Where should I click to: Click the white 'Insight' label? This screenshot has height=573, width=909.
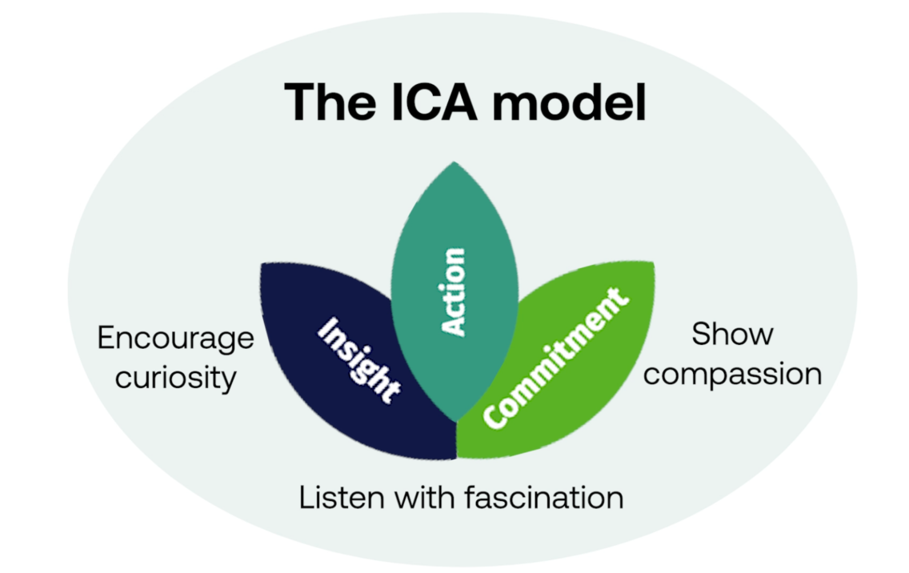pos(358,360)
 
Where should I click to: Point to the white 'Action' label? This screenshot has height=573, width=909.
pos(454,292)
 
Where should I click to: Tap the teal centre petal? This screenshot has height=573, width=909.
pos(454,240)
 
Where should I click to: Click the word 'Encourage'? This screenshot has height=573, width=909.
pos(175,339)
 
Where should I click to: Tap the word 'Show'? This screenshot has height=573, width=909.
pos(732,335)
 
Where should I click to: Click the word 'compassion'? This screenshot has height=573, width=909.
pos(732,374)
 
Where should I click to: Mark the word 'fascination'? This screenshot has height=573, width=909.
pos(544,498)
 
